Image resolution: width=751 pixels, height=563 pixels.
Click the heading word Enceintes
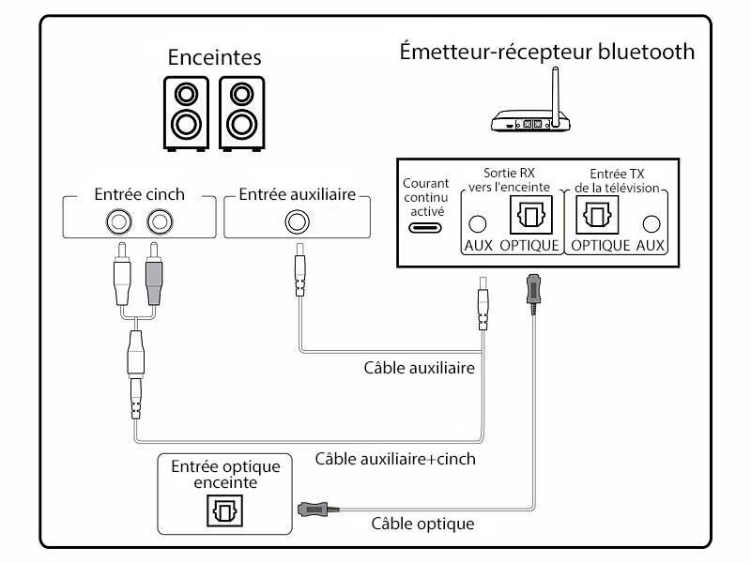tap(214, 57)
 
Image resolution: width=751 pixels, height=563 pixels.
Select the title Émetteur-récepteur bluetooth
tap(547, 50)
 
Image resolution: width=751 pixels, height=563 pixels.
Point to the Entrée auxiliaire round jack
tap(298, 222)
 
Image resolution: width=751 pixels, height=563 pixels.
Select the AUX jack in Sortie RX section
tap(478, 224)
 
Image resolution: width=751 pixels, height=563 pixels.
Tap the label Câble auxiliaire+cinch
tap(395, 459)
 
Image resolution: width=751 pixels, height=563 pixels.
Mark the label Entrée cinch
tap(140, 194)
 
